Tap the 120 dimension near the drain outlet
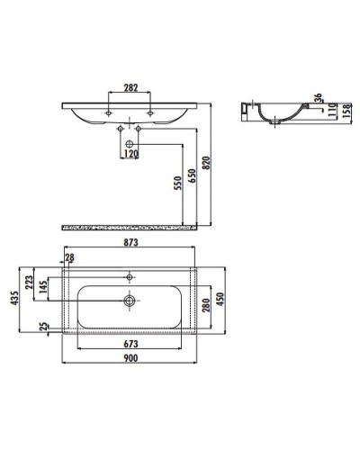(130, 154)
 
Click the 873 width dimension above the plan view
(130, 241)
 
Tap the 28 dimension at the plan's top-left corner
(70, 259)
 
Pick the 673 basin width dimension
(130, 345)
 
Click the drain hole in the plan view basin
(130, 300)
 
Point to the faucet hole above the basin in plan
(130, 274)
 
